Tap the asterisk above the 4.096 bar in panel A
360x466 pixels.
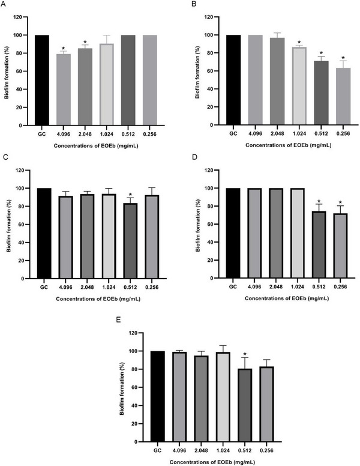pos(64,49)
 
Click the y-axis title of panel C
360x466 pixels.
pos(9,225)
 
